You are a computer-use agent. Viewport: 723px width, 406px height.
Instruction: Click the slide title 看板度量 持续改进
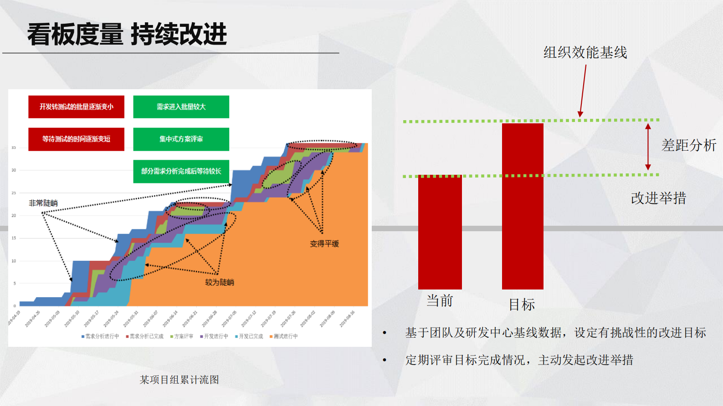(127, 35)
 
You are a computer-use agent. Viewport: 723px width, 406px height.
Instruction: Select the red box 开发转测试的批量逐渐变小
(76, 107)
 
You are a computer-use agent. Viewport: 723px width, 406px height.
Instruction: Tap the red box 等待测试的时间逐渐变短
(76, 139)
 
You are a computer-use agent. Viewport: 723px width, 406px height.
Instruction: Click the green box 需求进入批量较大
(181, 107)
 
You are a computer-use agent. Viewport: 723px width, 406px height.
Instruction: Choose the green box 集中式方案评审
(181, 139)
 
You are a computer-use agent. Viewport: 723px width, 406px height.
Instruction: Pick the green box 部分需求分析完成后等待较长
(181, 171)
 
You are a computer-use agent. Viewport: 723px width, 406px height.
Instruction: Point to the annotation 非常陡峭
(43, 203)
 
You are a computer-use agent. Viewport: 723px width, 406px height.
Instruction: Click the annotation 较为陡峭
(219, 282)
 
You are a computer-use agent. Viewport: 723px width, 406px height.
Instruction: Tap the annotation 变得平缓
(324, 244)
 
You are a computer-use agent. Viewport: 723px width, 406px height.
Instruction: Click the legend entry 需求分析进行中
(101, 336)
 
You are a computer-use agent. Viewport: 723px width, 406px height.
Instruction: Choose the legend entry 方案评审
(182, 336)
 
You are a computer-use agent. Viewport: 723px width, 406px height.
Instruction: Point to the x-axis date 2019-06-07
(151, 319)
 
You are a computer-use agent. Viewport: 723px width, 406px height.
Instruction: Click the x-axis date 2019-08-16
(347, 319)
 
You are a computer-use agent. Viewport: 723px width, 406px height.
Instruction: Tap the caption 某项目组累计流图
(179, 380)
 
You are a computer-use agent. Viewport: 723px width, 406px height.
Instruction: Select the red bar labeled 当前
(440, 232)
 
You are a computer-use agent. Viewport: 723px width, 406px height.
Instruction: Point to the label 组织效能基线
(585, 52)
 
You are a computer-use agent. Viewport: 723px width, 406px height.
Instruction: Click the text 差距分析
(688, 145)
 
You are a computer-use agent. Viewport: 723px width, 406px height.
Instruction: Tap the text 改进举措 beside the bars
(658, 198)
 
